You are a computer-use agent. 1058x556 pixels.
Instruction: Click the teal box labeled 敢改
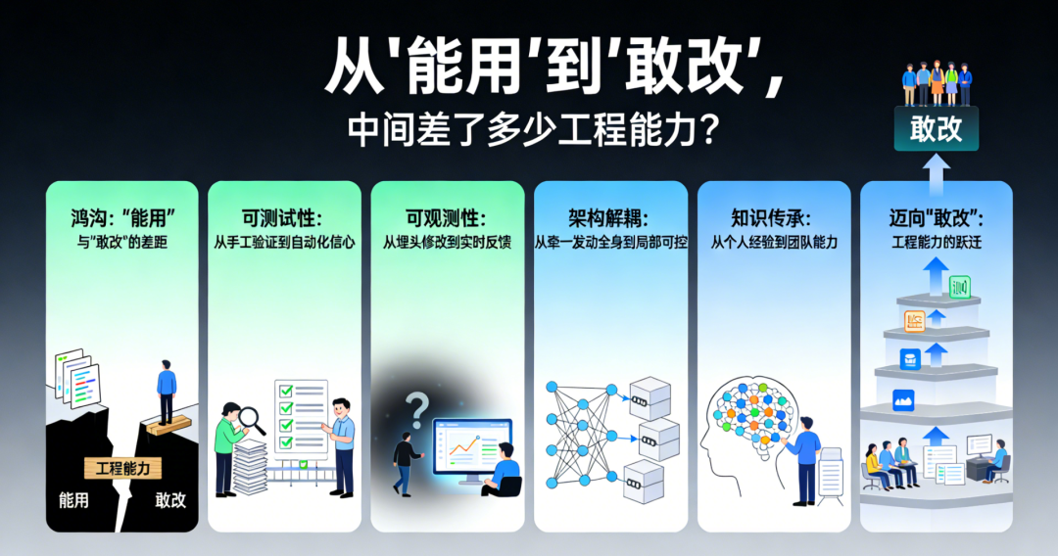pos(937,128)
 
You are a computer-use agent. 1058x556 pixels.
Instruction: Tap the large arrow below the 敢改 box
pos(937,175)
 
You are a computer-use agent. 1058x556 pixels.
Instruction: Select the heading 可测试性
pos(281,217)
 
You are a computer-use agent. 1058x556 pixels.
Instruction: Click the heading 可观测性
pos(446,217)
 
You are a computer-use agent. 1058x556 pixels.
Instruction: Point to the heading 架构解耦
pos(608,217)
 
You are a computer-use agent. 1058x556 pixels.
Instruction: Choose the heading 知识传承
pos(771,217)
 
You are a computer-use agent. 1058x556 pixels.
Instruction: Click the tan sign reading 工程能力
pos(122,468)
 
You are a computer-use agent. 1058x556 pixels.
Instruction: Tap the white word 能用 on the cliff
pos(73,500)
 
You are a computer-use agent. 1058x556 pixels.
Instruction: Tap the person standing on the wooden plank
pos(166,392)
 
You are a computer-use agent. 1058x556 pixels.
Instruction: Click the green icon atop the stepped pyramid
pos(959,287)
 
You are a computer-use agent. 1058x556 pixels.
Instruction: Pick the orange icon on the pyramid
pos(914,321)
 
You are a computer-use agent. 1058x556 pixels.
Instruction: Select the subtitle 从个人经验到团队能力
pos(773,243)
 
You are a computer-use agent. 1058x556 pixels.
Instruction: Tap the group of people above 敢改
pos(937,83)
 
